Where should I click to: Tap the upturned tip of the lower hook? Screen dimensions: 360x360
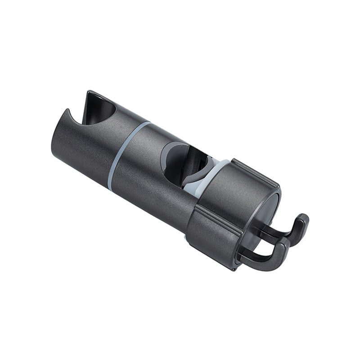(x=283, y=245)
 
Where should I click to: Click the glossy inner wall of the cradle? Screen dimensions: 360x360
(x=101, y=110)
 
